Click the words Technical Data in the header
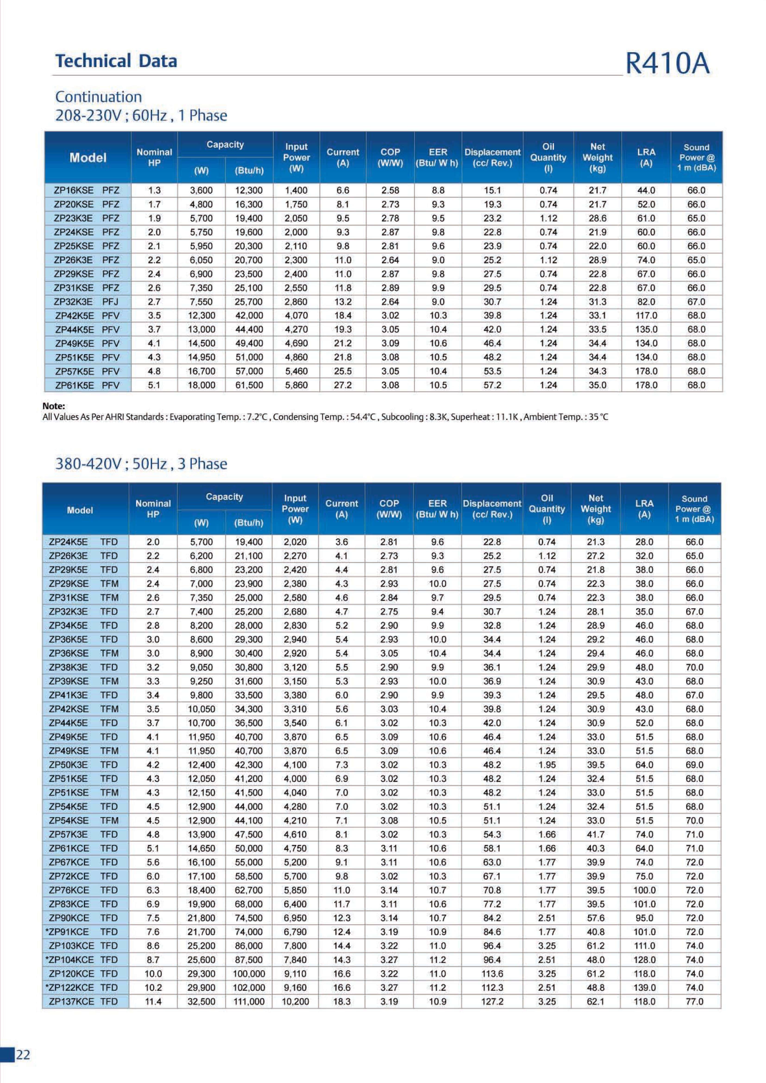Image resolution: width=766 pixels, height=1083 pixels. pos(116,61)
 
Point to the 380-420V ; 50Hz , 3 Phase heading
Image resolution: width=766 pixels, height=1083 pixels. pos(141,464)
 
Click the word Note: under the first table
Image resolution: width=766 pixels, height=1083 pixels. pos(54,406)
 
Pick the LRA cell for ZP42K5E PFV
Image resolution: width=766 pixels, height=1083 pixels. pos(646,316)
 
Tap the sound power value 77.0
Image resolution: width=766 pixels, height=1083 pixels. pos(694,1002)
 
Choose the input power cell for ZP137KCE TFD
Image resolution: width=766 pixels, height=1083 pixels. pos(295,1002)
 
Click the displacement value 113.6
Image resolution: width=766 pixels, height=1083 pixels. pos(492,973)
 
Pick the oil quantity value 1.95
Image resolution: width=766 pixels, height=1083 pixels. pos(547,765)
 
